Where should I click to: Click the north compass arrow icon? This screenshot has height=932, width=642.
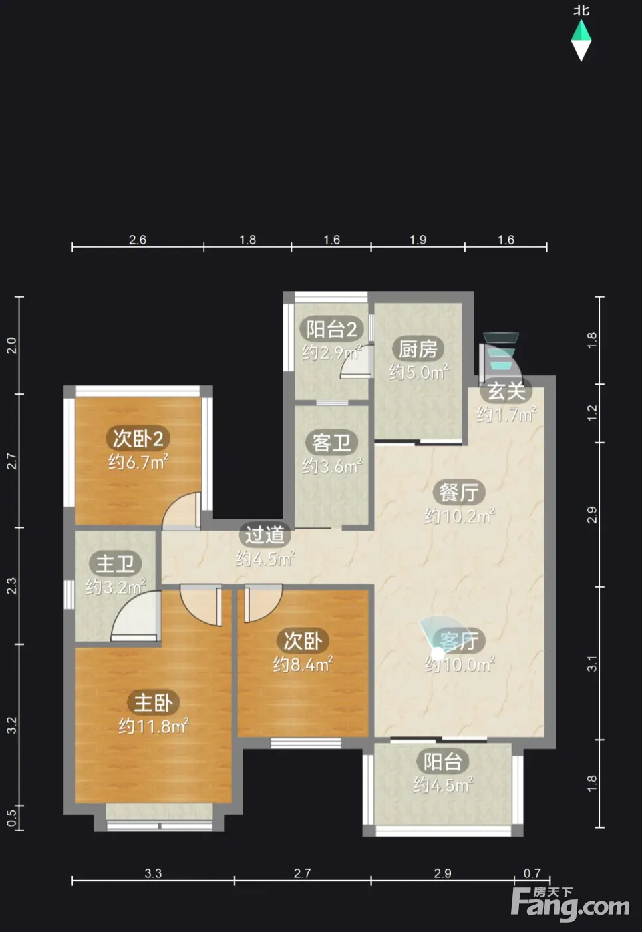click(x=581, y=41)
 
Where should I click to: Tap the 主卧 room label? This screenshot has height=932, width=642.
click(x=153, y=703)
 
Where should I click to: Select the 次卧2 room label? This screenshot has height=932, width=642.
click(x=138, y=439)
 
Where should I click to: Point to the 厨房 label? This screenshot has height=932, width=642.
click(x=418, y=349)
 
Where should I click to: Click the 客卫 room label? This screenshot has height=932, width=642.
click(x=331, y=443)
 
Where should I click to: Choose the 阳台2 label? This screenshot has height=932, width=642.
click(x=331, y=329)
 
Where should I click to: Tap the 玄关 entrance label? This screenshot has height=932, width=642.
click(x=506, y=391)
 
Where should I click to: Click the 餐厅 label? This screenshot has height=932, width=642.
click(x=459, y=493)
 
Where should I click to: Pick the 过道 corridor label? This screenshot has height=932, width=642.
click(x=265, y=535)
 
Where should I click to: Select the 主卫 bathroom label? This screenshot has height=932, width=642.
click(x=115, y=564)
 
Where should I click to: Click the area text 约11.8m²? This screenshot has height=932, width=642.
click(x=154, y=726)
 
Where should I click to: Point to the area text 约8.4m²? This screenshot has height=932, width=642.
click(x=303, y=664)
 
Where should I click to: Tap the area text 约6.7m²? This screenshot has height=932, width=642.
click(x=138, y=462)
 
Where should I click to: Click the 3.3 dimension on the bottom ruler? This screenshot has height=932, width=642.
click(x=153, y=873)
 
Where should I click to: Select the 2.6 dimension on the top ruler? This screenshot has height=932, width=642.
click(x=138, y=240)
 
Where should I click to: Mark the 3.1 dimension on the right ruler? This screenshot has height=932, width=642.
click(x=592, y=664)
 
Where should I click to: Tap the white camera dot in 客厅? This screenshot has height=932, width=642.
click(x=438, y=654)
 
